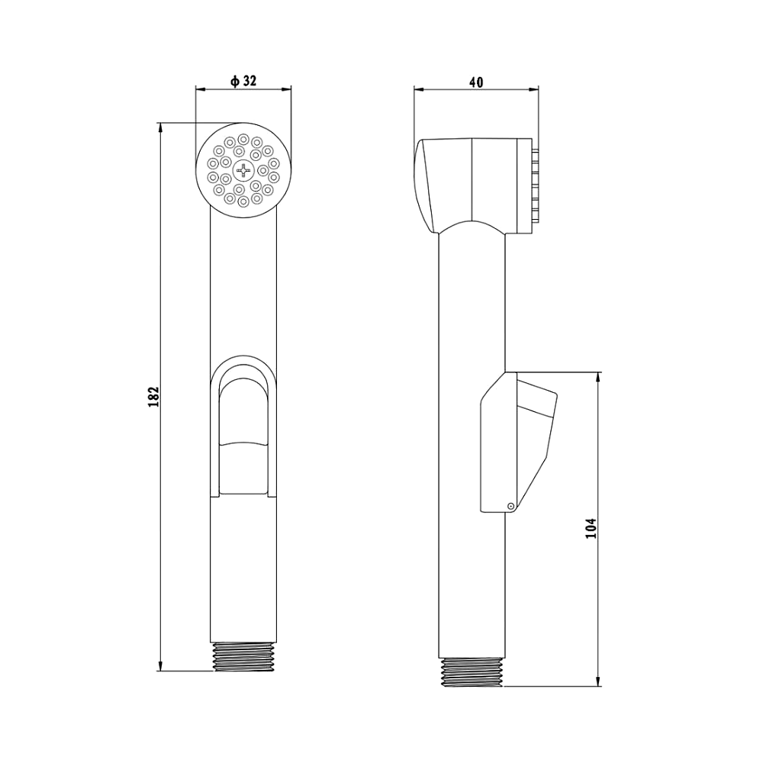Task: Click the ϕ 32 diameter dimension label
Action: [243, 82]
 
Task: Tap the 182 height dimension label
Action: [154, 397]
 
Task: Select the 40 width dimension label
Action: [476, 82]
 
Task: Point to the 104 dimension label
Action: [591, 528]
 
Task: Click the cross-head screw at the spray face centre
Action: [243, 170]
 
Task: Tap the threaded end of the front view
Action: [243, 657]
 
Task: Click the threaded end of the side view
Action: [472, 672]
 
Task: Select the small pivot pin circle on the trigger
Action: [510, 506]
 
